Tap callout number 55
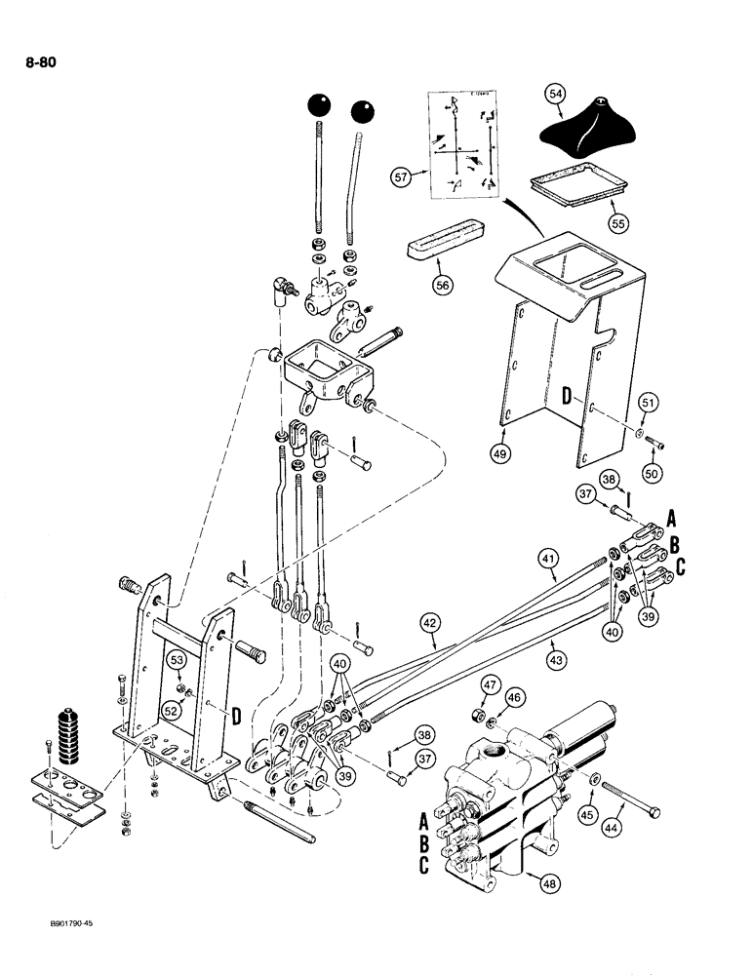click(616, 222)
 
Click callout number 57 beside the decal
click(400, 177)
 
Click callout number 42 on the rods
click(428, 621)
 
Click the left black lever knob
click(320, 104)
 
